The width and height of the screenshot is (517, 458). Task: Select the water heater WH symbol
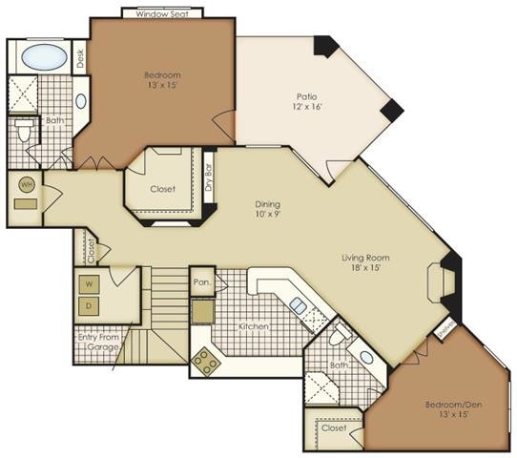pyautogui.click(x=26, y=185)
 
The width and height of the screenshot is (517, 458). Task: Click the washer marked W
pyautogui.click(x=89, y=283)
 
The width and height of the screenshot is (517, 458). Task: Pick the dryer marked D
pyautogui.click(x=89, y=306)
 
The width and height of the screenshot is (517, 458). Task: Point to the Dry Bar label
pyautogui.click(x=209, y=179)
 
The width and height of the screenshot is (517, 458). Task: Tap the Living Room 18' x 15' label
pyautogui.click(x=366, y=263)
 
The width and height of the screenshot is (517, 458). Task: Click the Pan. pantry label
pyautogui.click(x=201, y=282)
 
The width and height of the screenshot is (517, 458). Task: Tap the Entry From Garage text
pyautogui.click(x=98, y=341)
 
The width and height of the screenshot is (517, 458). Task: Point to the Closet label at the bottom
pyautogui.click(x=334, y=428)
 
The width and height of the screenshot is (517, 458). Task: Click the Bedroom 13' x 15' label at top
pyautogui.click(x=162, y=80)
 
